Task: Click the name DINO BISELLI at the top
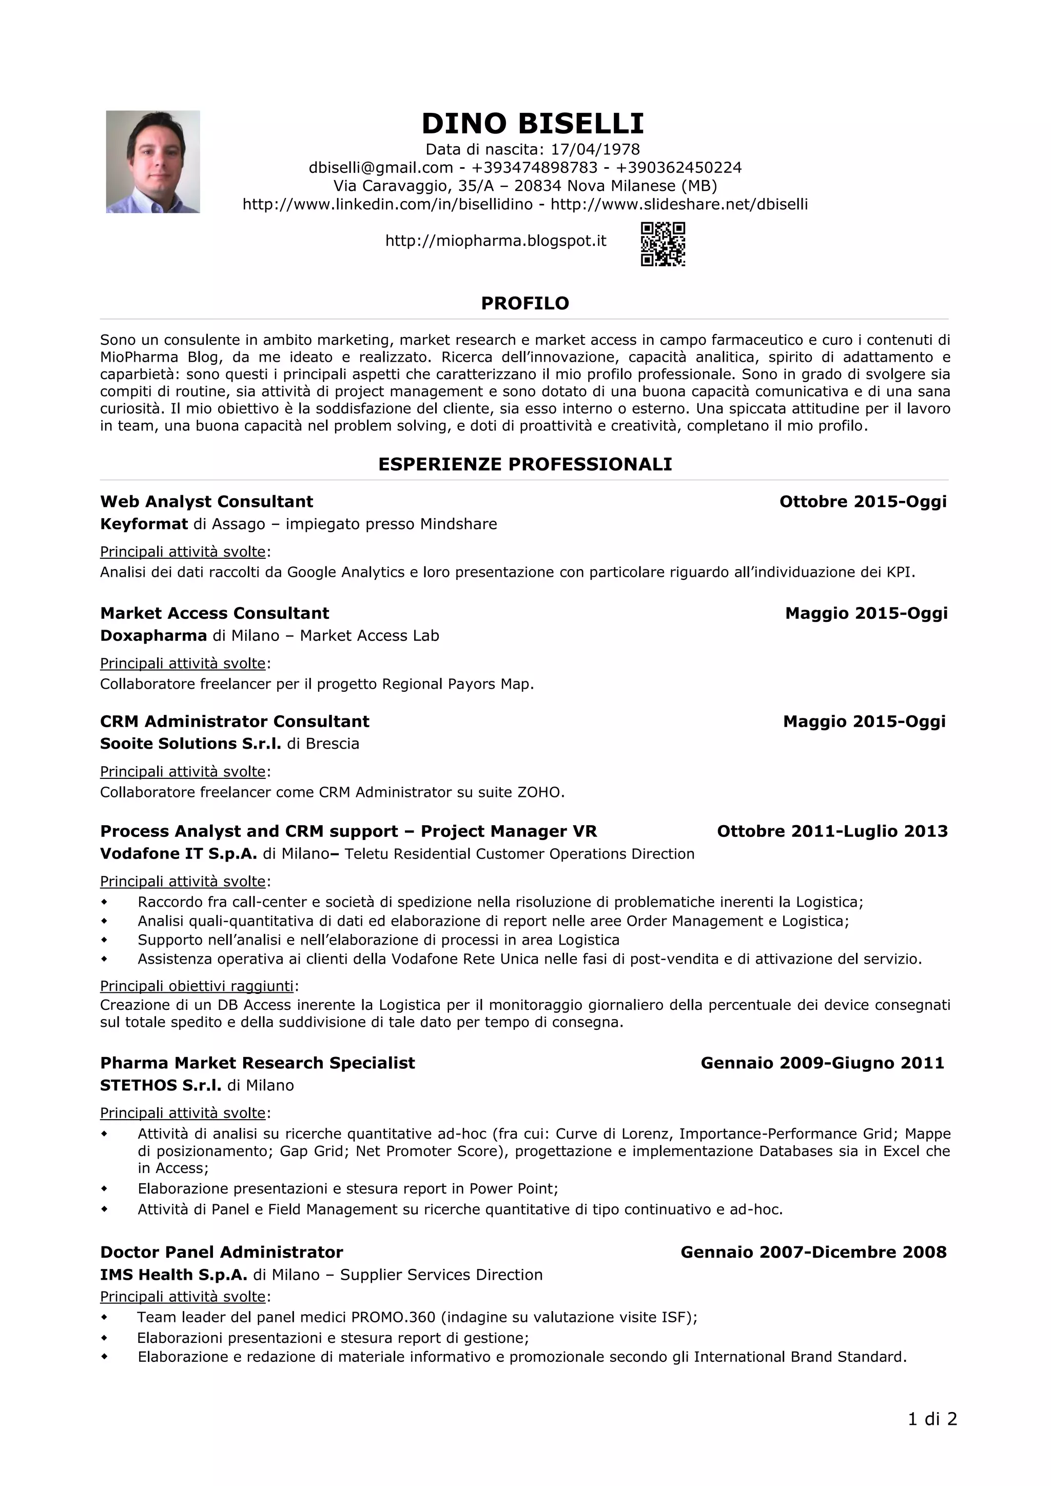click(532, 124)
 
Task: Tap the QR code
click(663, 244)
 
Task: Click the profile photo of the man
click(153, 162)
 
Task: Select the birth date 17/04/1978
click(595, 149)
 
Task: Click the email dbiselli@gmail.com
click(381, 168)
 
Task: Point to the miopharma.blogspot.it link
click(496, 241)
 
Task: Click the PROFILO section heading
click(525, 304)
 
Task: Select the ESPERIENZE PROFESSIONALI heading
click(525, 464)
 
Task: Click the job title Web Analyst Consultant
click(206, 502)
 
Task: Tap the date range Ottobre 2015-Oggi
click(863, 502)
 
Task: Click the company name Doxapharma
click(153, 636)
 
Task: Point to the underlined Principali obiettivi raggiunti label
click(197, 986)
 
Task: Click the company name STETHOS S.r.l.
click(161, 1085)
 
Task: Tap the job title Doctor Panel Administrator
click(221, 1252)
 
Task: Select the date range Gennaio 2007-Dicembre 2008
click(813, 1252)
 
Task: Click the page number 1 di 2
click(932, 1419)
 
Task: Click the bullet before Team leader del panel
click(104, 1317)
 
